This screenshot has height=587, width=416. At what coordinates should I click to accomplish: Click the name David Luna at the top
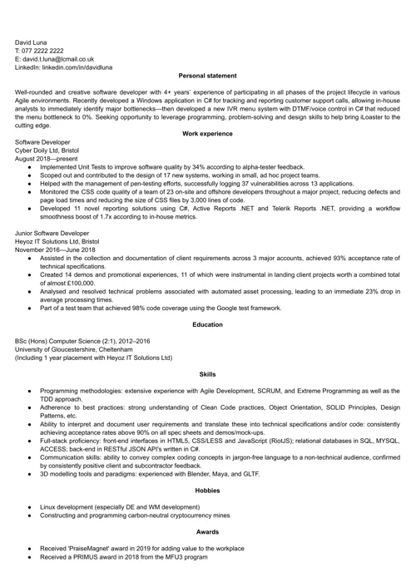tap(31, 42)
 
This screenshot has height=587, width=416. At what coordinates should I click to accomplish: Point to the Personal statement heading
tap(207, 76)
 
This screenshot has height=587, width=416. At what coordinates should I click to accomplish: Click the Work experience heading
tap(207, 134)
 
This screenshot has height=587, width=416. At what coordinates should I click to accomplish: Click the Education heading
tap(207, 324)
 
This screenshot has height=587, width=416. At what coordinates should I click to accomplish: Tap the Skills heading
tap(207, 375)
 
